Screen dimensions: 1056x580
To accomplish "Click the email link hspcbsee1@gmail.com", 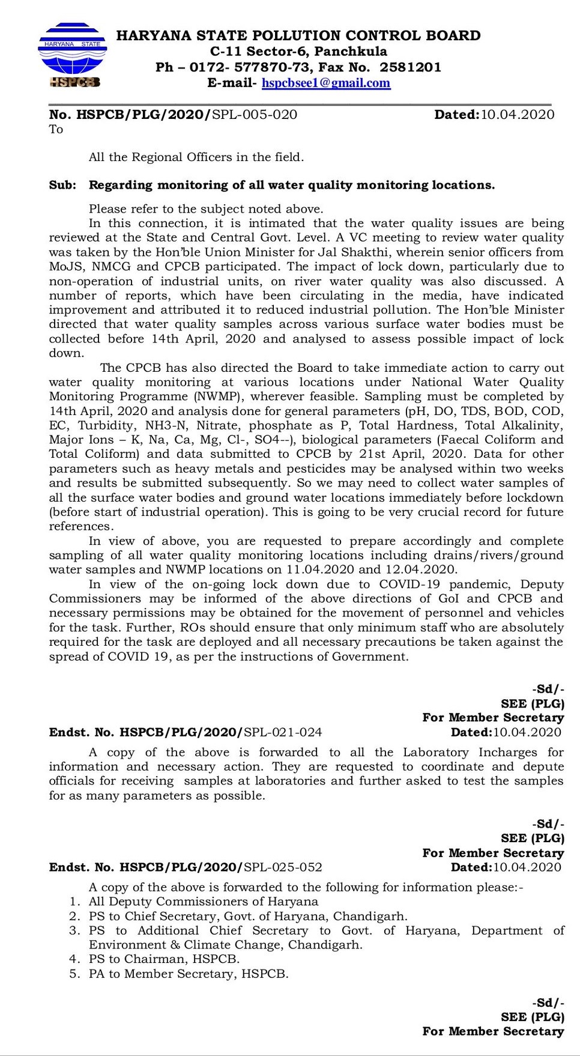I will pyautogui.click(x=326, y=83).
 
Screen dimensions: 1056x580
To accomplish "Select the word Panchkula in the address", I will pyautogui.click(x=351, y=52).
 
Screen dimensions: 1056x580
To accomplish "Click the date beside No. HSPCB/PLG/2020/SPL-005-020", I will pyautogui.click(x=517, y=115).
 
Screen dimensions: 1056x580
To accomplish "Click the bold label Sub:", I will pyautogui.click(x=62, y=185).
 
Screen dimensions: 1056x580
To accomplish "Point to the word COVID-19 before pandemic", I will pyautogui.click(x=409, y=584).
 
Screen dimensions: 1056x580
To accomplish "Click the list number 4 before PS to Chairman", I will pyautogui.click(x=74, y=959).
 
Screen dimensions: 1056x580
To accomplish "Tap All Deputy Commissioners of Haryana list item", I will pyautogui.click(x=204, y=902).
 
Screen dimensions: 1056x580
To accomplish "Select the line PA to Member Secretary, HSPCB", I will pyautogui.click(x=189, y=974).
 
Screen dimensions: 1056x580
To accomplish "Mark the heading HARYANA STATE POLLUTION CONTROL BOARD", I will pyautogui.click(x=298, y=35).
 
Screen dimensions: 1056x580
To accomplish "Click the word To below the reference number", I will pyautogui.click(x=56, y=130).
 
